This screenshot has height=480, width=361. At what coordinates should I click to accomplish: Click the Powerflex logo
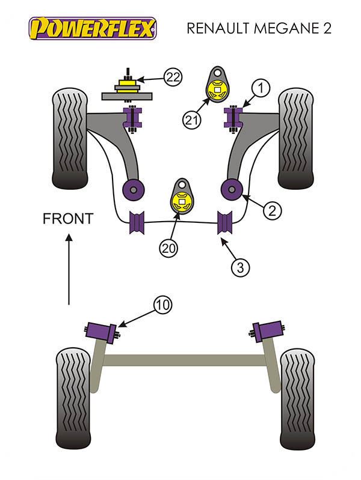click(93, 28)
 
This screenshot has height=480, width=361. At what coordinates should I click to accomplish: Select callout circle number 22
click(173, 77)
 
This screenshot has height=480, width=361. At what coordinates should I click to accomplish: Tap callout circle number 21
click(191, 120)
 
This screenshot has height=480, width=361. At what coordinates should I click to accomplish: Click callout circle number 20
click(168, 248)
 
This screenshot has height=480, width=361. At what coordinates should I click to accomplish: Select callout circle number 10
click(162, 305)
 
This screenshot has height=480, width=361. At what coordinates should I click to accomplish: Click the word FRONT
click(68, 219)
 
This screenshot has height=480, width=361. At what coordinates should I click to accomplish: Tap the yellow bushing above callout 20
click(182, 201)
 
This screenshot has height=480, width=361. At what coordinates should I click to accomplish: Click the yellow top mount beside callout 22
click(127, 84)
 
